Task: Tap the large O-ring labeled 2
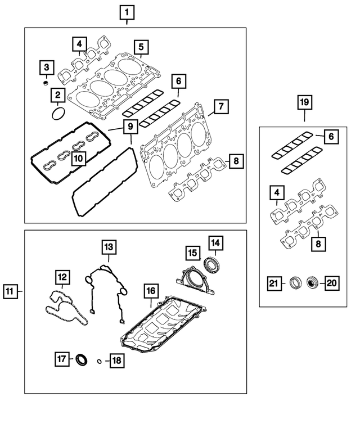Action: coord(57,114)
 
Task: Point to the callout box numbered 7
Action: coord(220,106)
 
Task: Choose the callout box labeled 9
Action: coord(129,127)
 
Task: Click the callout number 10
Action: coord(78,159)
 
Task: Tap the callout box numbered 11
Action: coord(10,291)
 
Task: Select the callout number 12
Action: coord(61,277)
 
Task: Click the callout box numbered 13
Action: coord(108,246)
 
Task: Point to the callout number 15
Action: coord(192,253)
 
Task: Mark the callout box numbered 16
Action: coord(150,291)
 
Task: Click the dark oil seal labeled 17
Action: coord(82,358)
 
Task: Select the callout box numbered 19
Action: coord(304,102)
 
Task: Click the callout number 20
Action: coord(331,283)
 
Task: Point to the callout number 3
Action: coord(47,69)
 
